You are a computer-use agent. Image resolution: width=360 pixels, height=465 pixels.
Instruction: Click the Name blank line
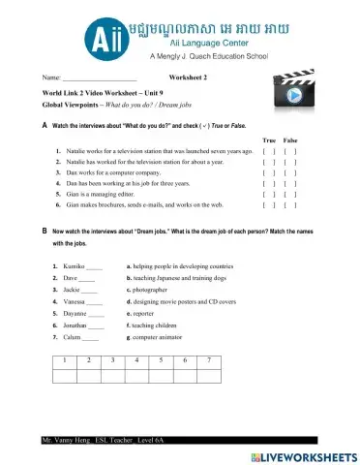tap(100, 76)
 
